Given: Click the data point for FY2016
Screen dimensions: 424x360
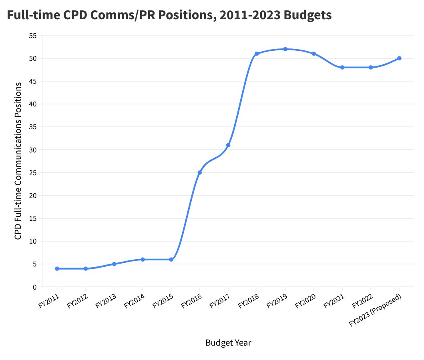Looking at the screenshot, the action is [199, 172].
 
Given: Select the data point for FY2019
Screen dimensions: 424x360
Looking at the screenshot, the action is [285, 49].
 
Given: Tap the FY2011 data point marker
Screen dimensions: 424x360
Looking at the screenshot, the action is [57, 269].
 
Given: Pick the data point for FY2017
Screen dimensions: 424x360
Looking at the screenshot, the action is [228, 145].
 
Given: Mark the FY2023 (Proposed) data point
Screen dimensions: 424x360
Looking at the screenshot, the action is [400, 58].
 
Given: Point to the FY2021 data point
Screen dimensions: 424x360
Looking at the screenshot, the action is [342, 67].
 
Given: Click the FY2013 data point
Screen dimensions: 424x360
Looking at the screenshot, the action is [114, 264].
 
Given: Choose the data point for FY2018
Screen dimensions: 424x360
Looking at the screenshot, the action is [257, 54].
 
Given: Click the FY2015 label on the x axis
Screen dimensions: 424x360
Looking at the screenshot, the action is [163, 301].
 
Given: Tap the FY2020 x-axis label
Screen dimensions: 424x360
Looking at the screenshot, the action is [305, 301].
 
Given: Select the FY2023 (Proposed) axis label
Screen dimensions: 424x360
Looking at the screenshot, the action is [375, 310].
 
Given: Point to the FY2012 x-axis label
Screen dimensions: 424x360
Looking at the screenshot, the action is [77, 301].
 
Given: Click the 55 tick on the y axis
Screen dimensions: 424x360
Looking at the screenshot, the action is [33, 36].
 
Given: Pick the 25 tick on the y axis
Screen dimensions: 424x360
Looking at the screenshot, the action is [33, 173].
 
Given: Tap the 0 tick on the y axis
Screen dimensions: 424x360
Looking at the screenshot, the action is [34, 287].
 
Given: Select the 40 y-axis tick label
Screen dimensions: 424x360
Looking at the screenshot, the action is [33, 104].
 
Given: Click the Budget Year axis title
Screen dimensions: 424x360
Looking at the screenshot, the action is [228, 343].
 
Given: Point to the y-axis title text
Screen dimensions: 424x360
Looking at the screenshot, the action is [18, 161].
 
